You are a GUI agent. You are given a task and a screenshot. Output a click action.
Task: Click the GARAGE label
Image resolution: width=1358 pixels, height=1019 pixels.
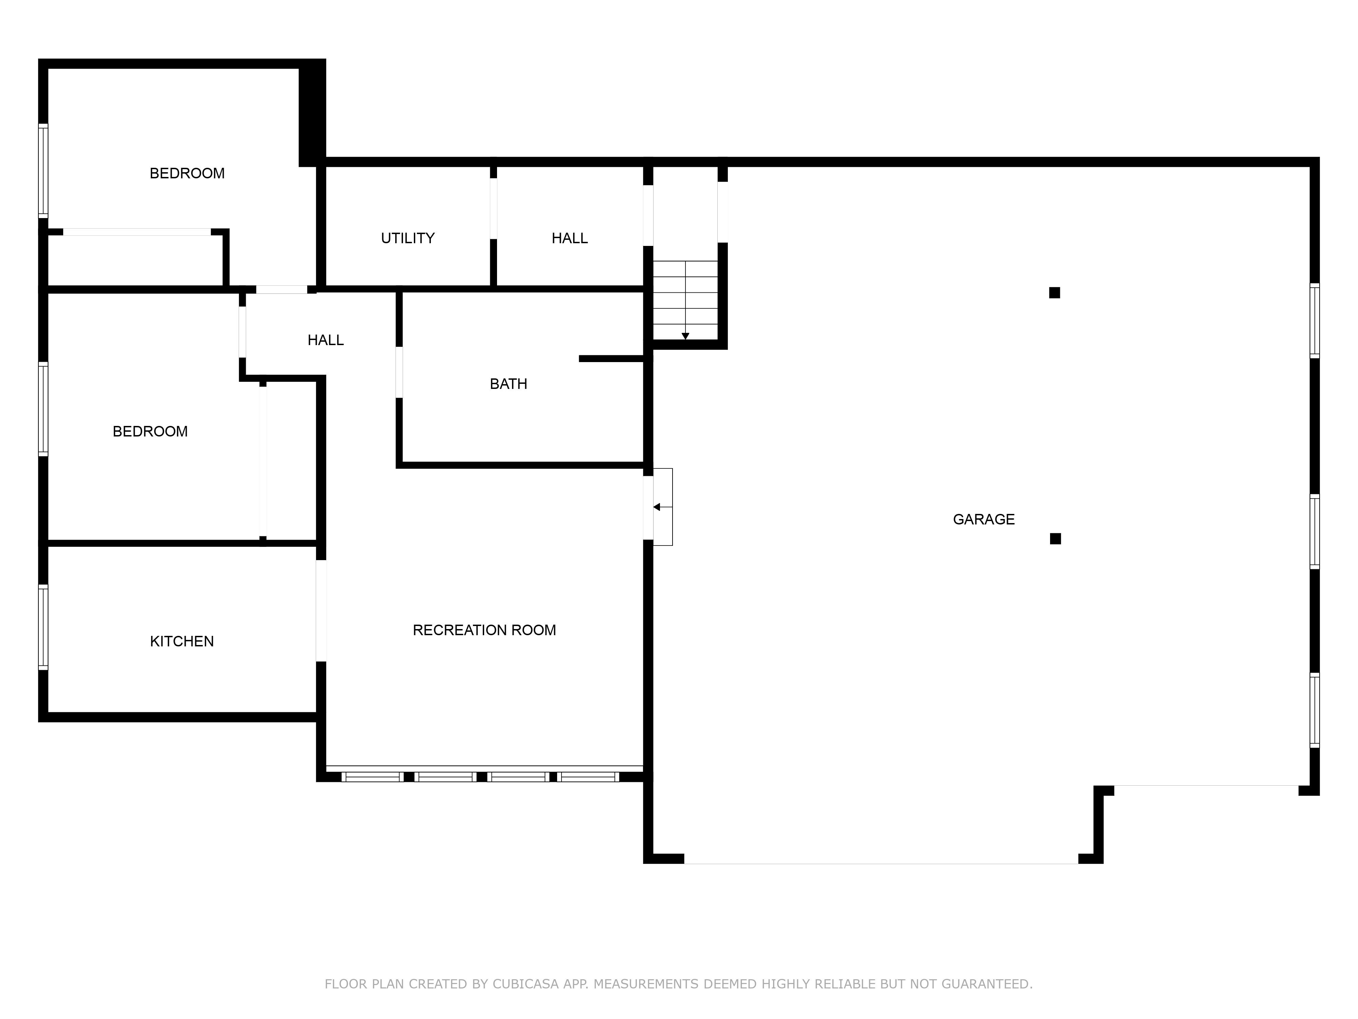click(984, 520)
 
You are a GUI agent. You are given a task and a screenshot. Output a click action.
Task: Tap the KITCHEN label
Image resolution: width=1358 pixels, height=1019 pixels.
click(182, 641)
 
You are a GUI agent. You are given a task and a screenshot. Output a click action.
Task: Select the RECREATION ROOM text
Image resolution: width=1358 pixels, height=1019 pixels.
click(484, 630)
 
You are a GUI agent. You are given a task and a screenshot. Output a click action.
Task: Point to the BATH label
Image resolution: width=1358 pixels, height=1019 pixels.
click(508, 384)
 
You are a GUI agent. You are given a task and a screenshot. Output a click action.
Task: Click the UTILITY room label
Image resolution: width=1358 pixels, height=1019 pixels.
click(408, 238)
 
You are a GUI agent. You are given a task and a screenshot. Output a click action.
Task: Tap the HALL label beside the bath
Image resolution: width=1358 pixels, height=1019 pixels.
click(325, 340)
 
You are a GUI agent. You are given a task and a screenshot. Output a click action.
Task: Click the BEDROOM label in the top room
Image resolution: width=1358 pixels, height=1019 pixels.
click(187, 173)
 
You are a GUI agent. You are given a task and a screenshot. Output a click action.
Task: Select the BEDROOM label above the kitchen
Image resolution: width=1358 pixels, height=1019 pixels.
click(150, 431)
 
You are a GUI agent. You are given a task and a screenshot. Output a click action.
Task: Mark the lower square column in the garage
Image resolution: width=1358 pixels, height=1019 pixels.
click(1055, 539)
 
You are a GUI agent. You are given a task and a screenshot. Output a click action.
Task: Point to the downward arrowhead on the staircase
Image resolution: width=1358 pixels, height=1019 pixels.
click(685, 336)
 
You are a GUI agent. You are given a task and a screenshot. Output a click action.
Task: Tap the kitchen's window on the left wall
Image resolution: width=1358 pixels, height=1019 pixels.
click(43, 627)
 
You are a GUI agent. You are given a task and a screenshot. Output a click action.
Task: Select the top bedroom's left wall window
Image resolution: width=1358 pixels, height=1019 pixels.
click(43, 171)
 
